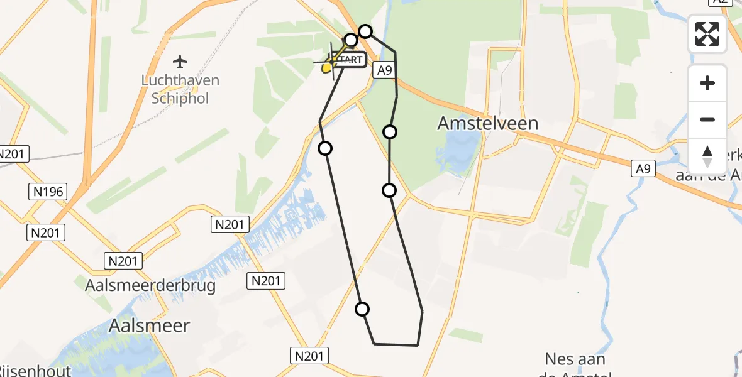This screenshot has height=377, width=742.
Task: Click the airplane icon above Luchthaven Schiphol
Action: coord(180,62)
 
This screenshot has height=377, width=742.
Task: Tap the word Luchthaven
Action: coord(180,80)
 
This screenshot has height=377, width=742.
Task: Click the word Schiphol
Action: coord(180,98)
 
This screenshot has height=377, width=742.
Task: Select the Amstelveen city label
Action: coord(487,123)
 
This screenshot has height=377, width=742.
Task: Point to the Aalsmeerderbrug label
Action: coord(150,286)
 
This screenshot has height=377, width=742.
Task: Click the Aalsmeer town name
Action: coord(149,325)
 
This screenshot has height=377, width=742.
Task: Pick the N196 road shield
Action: coord(48,192)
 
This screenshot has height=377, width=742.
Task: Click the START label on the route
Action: coord(348,60)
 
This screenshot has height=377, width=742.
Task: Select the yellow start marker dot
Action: coord(326,68)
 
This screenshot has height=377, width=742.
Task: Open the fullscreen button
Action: coord(707,34)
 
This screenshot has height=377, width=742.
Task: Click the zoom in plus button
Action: coord(707,83)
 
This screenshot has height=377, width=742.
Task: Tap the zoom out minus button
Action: coord(707,119)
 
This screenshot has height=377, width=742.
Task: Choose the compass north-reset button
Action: coord(707,156)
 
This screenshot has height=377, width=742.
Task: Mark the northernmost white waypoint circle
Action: coord(365,31)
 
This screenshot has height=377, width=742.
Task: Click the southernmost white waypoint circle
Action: coord(362,309)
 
